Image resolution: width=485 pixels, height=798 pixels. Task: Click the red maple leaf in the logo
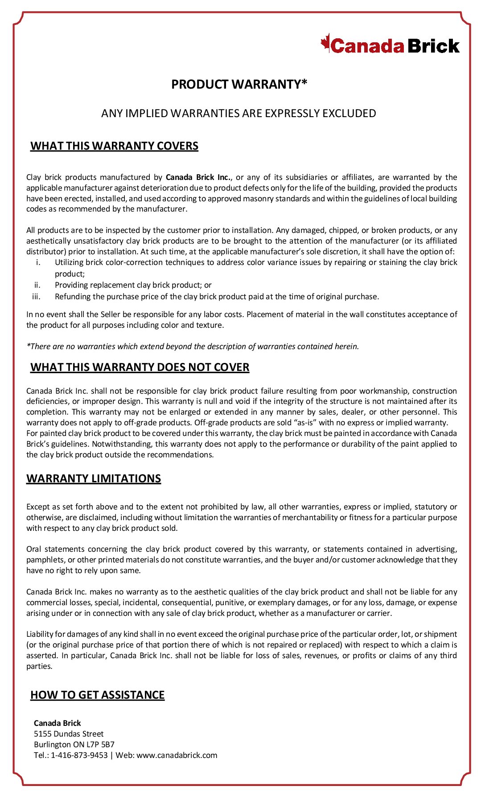325,43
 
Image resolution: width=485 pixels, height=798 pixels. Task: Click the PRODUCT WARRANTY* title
239,84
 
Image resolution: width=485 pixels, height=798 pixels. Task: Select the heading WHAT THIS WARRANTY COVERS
114,146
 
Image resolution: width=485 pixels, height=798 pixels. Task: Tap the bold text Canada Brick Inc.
198,177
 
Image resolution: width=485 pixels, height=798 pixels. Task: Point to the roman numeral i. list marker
38,262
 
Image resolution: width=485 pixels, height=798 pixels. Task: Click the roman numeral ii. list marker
37,285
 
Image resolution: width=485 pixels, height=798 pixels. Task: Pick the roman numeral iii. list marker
37,297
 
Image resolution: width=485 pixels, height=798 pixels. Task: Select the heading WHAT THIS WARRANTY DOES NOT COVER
140,367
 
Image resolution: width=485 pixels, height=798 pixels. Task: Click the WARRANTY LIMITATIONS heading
94,479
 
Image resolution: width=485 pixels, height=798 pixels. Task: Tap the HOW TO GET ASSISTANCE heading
97,695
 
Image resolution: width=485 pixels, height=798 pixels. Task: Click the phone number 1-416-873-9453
79,755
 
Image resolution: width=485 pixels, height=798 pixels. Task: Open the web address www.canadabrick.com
177,755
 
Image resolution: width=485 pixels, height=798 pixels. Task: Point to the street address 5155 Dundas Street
69,734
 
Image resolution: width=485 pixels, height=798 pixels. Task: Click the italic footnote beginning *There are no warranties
193,346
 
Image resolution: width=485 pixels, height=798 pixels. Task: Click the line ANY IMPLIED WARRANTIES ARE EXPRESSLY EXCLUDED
238,114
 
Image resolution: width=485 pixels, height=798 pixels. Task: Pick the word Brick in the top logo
433,46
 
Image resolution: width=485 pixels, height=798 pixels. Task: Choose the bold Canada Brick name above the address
58,723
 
